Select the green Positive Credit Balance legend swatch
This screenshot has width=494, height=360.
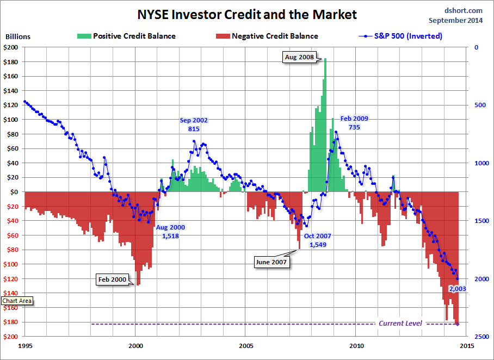click(x=83, y=36)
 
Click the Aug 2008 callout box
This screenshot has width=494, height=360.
click(x=299, y=57)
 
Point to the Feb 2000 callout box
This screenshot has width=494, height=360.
click(x=112, y=280)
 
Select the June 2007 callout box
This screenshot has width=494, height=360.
click(x=271, y=262)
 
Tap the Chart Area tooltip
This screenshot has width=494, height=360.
click(x=17, y=301)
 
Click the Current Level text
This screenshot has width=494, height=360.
click(x=400, y=324)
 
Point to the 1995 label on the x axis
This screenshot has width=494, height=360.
click(x=25, y=346)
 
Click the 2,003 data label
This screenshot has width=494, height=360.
click(x=458, y=289)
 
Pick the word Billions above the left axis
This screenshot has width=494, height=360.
click(x=18, y=37)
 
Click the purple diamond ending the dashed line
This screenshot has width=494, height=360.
click(x=458, y=324)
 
